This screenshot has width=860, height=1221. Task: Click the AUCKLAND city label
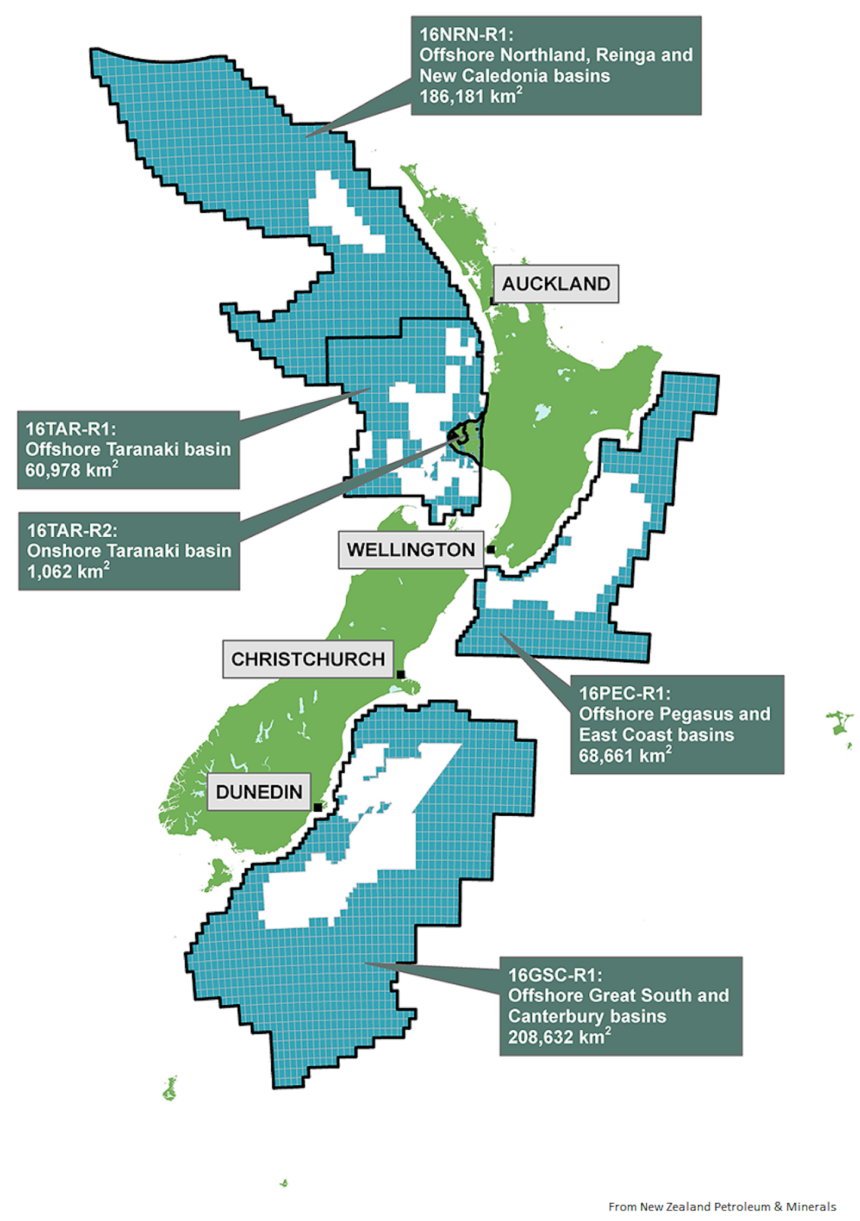(x=555, y=284)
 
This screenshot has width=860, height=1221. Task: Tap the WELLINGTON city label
(x=411, y=550)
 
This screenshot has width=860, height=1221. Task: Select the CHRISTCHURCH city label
(x=308, y=659)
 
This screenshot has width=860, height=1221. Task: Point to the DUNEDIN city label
(x=259, y=792)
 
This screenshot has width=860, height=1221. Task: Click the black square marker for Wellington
(x=491, y=549)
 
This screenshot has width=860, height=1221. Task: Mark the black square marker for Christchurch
(x=401, y=675)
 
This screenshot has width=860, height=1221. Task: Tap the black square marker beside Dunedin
(x=318, y=807)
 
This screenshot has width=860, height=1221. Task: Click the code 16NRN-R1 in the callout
(x=466, y=35)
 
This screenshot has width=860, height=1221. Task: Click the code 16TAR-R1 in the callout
(x=70, y=429)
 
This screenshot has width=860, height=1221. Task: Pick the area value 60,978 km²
(x=71, y=470)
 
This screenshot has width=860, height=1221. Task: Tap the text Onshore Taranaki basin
(x=129, y=550)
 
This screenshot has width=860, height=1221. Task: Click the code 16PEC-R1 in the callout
(x=625, y=693)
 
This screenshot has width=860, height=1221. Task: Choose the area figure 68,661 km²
(x=625, y=755)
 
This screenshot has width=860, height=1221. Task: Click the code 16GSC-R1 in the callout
(x=555, y=975)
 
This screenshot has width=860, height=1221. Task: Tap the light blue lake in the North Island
(x=542, y=412)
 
